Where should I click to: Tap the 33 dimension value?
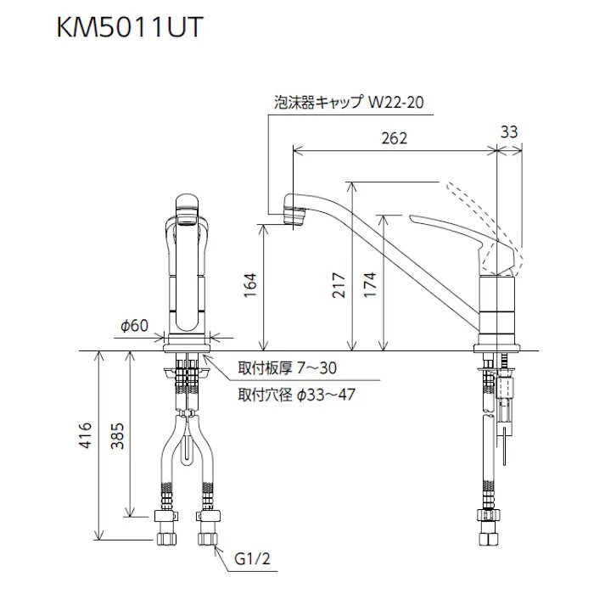[x=508, y=132]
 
